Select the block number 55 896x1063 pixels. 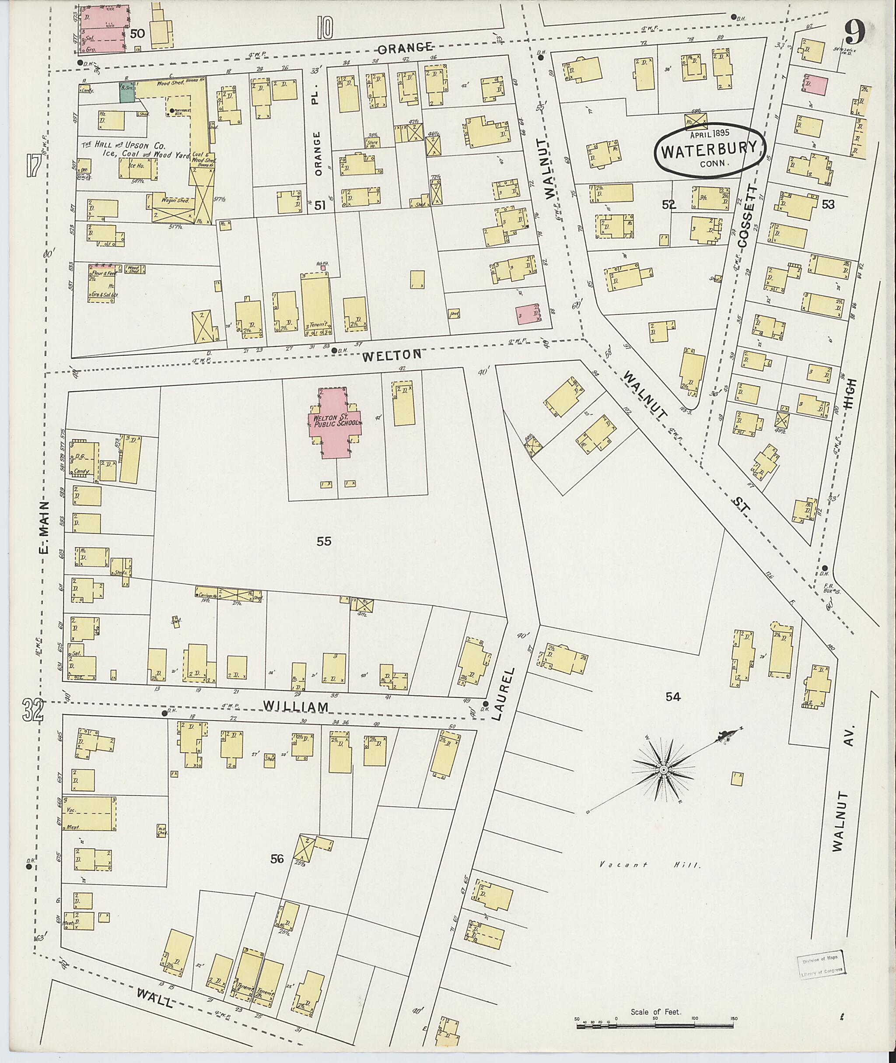coord(324,541)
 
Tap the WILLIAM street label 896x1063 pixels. coord(296,707)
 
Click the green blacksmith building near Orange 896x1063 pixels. coord(127,92)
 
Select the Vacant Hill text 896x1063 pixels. coord(650,864)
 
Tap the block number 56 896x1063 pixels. coord(277,859)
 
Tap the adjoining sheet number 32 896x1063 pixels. coord(33,710)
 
